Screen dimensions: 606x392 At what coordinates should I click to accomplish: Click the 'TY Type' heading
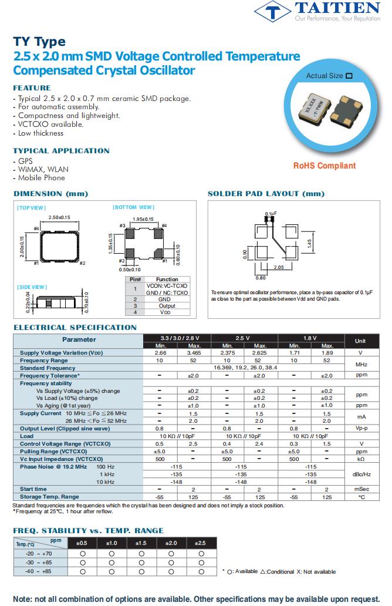pyautogui.click(x=39, y=42)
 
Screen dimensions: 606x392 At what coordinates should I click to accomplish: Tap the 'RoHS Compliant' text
pyautogui.click(x=325, y=166)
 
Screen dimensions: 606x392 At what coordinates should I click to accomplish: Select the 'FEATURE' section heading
pyautogui.click(x=32, y=88)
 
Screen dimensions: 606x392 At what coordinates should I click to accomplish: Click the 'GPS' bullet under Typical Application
pyautogui.click(x=25, y=161)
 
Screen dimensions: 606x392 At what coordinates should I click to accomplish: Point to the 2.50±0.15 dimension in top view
pyautogui.click(x=59, y=217)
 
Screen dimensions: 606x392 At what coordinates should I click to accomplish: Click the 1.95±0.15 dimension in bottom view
pyautogui.click(x=143, y=219)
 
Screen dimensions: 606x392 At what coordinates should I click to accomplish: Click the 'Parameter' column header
pyautogui.click(x=79, y=339)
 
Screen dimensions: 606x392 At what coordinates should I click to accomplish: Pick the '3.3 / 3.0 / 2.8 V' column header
pyautogui.click(x=177, y=338)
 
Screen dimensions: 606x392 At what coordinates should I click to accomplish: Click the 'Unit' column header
pyautogui.click(x=360, y=341)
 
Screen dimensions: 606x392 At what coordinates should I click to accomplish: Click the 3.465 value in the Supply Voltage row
pyautogui.click(x=194, y=353)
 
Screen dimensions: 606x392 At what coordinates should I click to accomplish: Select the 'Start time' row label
pyautogui.click(x=33, y=489)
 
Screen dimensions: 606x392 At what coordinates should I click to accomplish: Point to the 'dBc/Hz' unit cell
pyautogui.click(x=360, y=474)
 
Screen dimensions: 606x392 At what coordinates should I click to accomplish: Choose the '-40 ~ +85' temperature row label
pyautogui.click(x=39, y=571)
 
